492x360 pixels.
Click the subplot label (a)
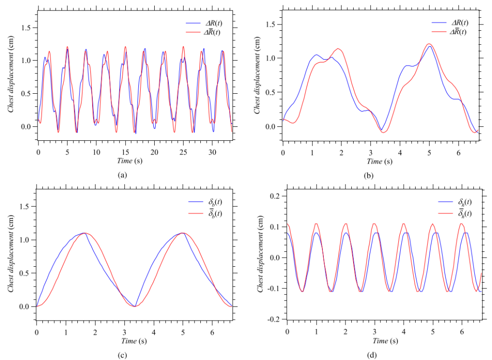(122, 175)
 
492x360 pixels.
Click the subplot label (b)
(369, 175)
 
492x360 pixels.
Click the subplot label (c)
(122, 355)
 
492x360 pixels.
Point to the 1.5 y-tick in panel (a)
(26, 27)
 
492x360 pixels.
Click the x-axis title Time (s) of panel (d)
(384, 341)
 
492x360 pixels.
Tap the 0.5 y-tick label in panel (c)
(26, 273)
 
